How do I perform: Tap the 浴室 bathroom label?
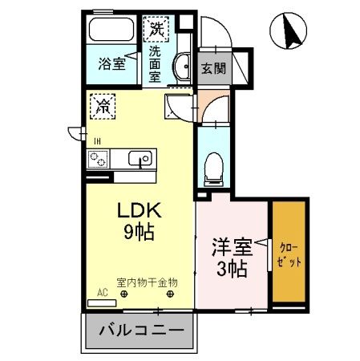pos(112,63)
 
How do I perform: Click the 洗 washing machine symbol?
pos(156,29)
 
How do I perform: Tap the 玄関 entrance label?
pos(212,68)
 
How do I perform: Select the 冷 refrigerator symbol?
pos(103,104)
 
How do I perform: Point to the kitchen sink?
pos(141,158)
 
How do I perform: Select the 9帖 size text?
pos(140,233)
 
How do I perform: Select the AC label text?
pos(102,294)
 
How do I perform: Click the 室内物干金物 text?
pos(147,282)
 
